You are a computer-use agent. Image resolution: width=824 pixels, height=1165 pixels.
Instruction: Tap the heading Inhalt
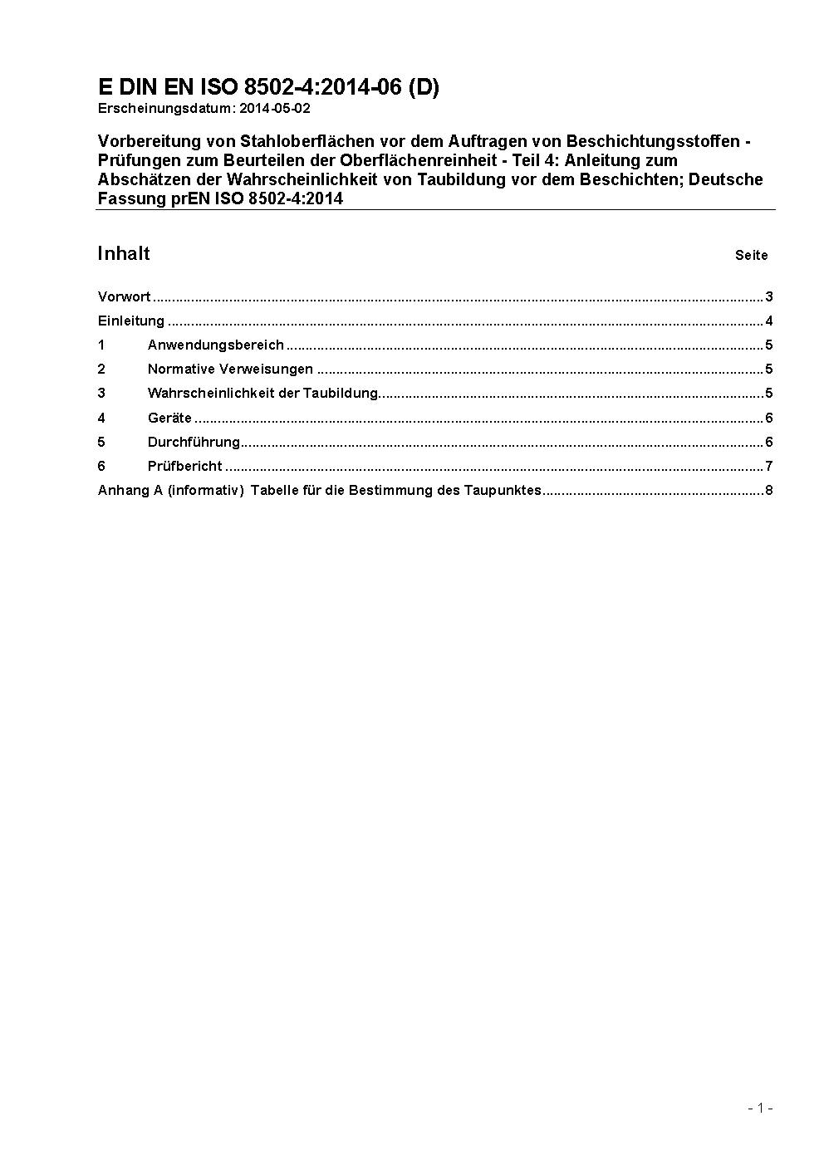[x=124, y=253]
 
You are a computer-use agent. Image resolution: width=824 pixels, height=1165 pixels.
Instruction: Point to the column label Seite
[x=751, y=256]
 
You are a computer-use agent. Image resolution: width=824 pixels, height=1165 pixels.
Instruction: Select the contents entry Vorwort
[x=124, y=297]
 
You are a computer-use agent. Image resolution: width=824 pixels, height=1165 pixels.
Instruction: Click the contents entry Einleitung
[x=130, y=321]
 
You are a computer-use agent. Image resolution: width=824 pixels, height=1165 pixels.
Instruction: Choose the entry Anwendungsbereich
[x=215, y=345]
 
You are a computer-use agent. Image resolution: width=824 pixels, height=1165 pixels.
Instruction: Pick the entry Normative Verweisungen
[x=230, y=370]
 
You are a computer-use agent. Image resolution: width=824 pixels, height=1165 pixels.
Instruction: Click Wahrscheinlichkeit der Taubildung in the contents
[x=262, y=394]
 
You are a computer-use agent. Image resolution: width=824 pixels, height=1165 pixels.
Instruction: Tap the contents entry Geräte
[x=169, y=418]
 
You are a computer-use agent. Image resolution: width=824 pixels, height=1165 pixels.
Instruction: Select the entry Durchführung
[x=194, y=442]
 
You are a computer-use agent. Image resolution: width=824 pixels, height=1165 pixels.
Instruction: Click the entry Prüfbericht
[x=184, y=466]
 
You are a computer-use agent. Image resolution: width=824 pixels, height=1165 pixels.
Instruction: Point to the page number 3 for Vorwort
[x=769, y=297]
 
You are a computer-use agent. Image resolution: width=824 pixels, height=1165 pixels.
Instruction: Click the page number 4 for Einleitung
[x=769, y=321]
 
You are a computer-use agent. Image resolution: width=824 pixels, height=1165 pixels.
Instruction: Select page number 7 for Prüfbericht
[x=769, y=466]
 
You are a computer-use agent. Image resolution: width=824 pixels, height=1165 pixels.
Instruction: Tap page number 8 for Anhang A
[x=769, y=490]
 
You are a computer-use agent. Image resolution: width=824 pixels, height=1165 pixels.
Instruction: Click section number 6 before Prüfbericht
[x=101, y=466]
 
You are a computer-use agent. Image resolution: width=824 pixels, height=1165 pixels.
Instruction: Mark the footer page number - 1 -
[x=760, y=1108]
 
